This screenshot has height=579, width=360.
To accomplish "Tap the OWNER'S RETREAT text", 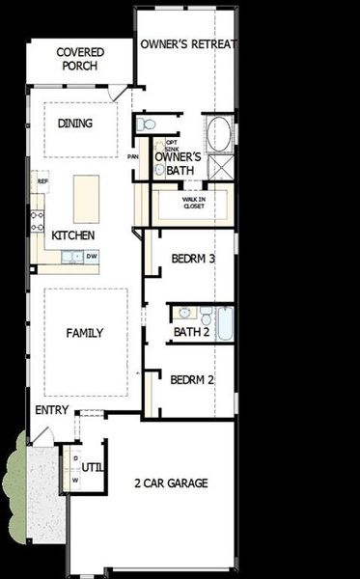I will click(x=188, y=44).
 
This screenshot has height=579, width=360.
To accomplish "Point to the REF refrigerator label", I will click(x=42, y=180).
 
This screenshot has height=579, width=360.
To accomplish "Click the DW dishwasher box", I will click(x=92, y=256).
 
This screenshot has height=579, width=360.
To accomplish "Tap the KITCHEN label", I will click(x=73, y=234).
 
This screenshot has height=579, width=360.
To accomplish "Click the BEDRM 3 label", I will click(x=192, y=259).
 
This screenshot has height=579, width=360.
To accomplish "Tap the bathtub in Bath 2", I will click(x=224, y=323).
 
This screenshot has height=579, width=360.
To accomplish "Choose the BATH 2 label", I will click(x=191, y=333).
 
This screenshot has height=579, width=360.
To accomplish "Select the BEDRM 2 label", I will click(x=192, y=380).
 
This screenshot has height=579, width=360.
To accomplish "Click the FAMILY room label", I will click(x=85, y=333).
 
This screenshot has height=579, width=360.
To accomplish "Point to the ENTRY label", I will click(x=53, y=410).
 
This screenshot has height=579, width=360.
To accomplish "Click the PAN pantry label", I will click(x=134, y=155).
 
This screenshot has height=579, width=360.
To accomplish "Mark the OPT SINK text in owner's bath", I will click(x=171, y=145).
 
